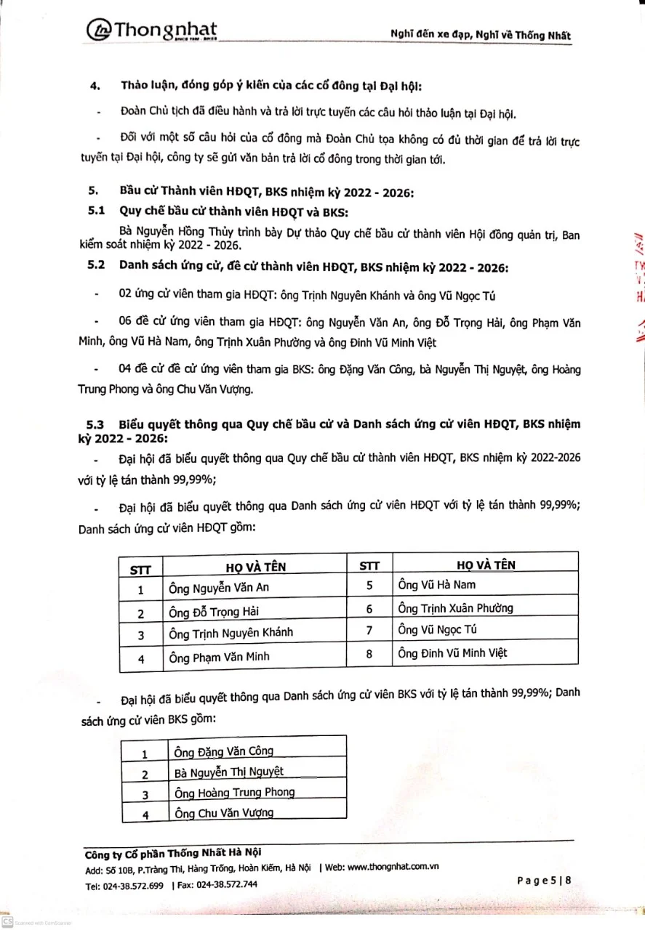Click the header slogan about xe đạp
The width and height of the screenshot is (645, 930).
[481, 35]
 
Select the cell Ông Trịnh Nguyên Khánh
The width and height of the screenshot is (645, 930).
[231, 632]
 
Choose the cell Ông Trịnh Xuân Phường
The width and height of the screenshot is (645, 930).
[456, 607]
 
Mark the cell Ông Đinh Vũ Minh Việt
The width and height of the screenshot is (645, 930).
[453, 653]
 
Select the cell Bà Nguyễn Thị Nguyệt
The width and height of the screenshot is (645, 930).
[229, 772]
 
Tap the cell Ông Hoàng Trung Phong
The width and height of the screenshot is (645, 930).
[234, 793]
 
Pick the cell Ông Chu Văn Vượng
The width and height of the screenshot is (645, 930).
[224, 813]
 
